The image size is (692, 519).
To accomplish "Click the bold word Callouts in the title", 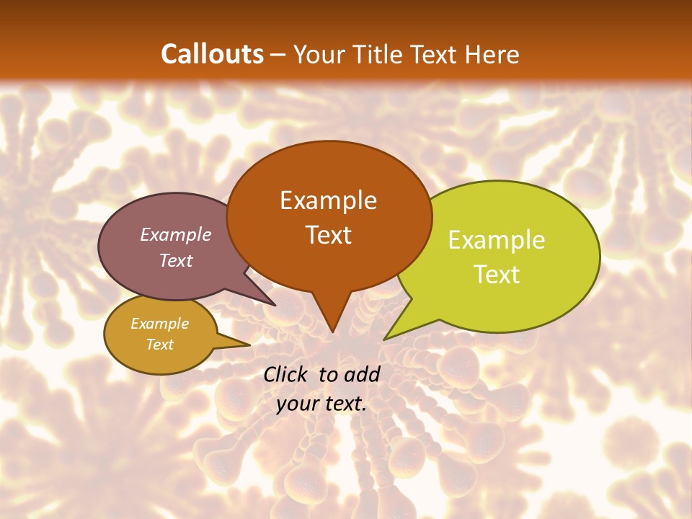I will click(x=212, y=54).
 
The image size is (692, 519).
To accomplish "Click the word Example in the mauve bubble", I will click(x=175, y=234).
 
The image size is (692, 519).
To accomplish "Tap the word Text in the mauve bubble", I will click(x=176, y=260).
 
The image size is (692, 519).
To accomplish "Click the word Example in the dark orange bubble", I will click(x=328, y=200).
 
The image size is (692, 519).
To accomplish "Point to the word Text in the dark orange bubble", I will click(x=329, y=235).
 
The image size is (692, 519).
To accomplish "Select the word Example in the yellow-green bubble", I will click(x=497, y=240).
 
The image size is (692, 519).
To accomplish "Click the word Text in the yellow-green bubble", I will click(x=497, y=275).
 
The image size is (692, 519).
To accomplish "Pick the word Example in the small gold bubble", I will click(x=159, y=324).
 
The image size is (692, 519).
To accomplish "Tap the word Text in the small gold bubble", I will click(x=159, y=345).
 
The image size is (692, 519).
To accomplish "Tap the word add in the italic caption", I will click(x=362, y=374).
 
